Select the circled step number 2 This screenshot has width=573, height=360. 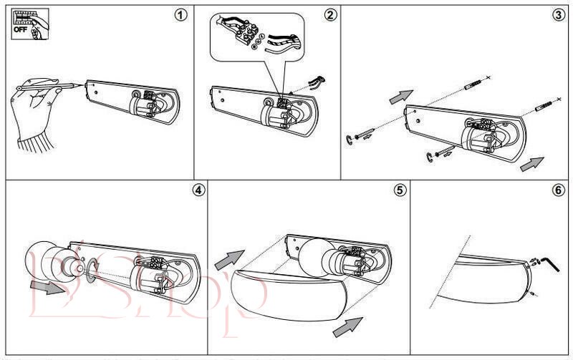[330, 15]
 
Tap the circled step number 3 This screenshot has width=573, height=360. [559, 15]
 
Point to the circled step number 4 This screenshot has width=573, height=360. [198, 190]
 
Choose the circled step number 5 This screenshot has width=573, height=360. [400, 190]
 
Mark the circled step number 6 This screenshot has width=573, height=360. [559, 190]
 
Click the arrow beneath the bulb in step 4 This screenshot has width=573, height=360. [49, 288]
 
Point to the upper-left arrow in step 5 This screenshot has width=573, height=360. [228, 258]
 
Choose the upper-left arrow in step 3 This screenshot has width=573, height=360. [402, 97]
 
